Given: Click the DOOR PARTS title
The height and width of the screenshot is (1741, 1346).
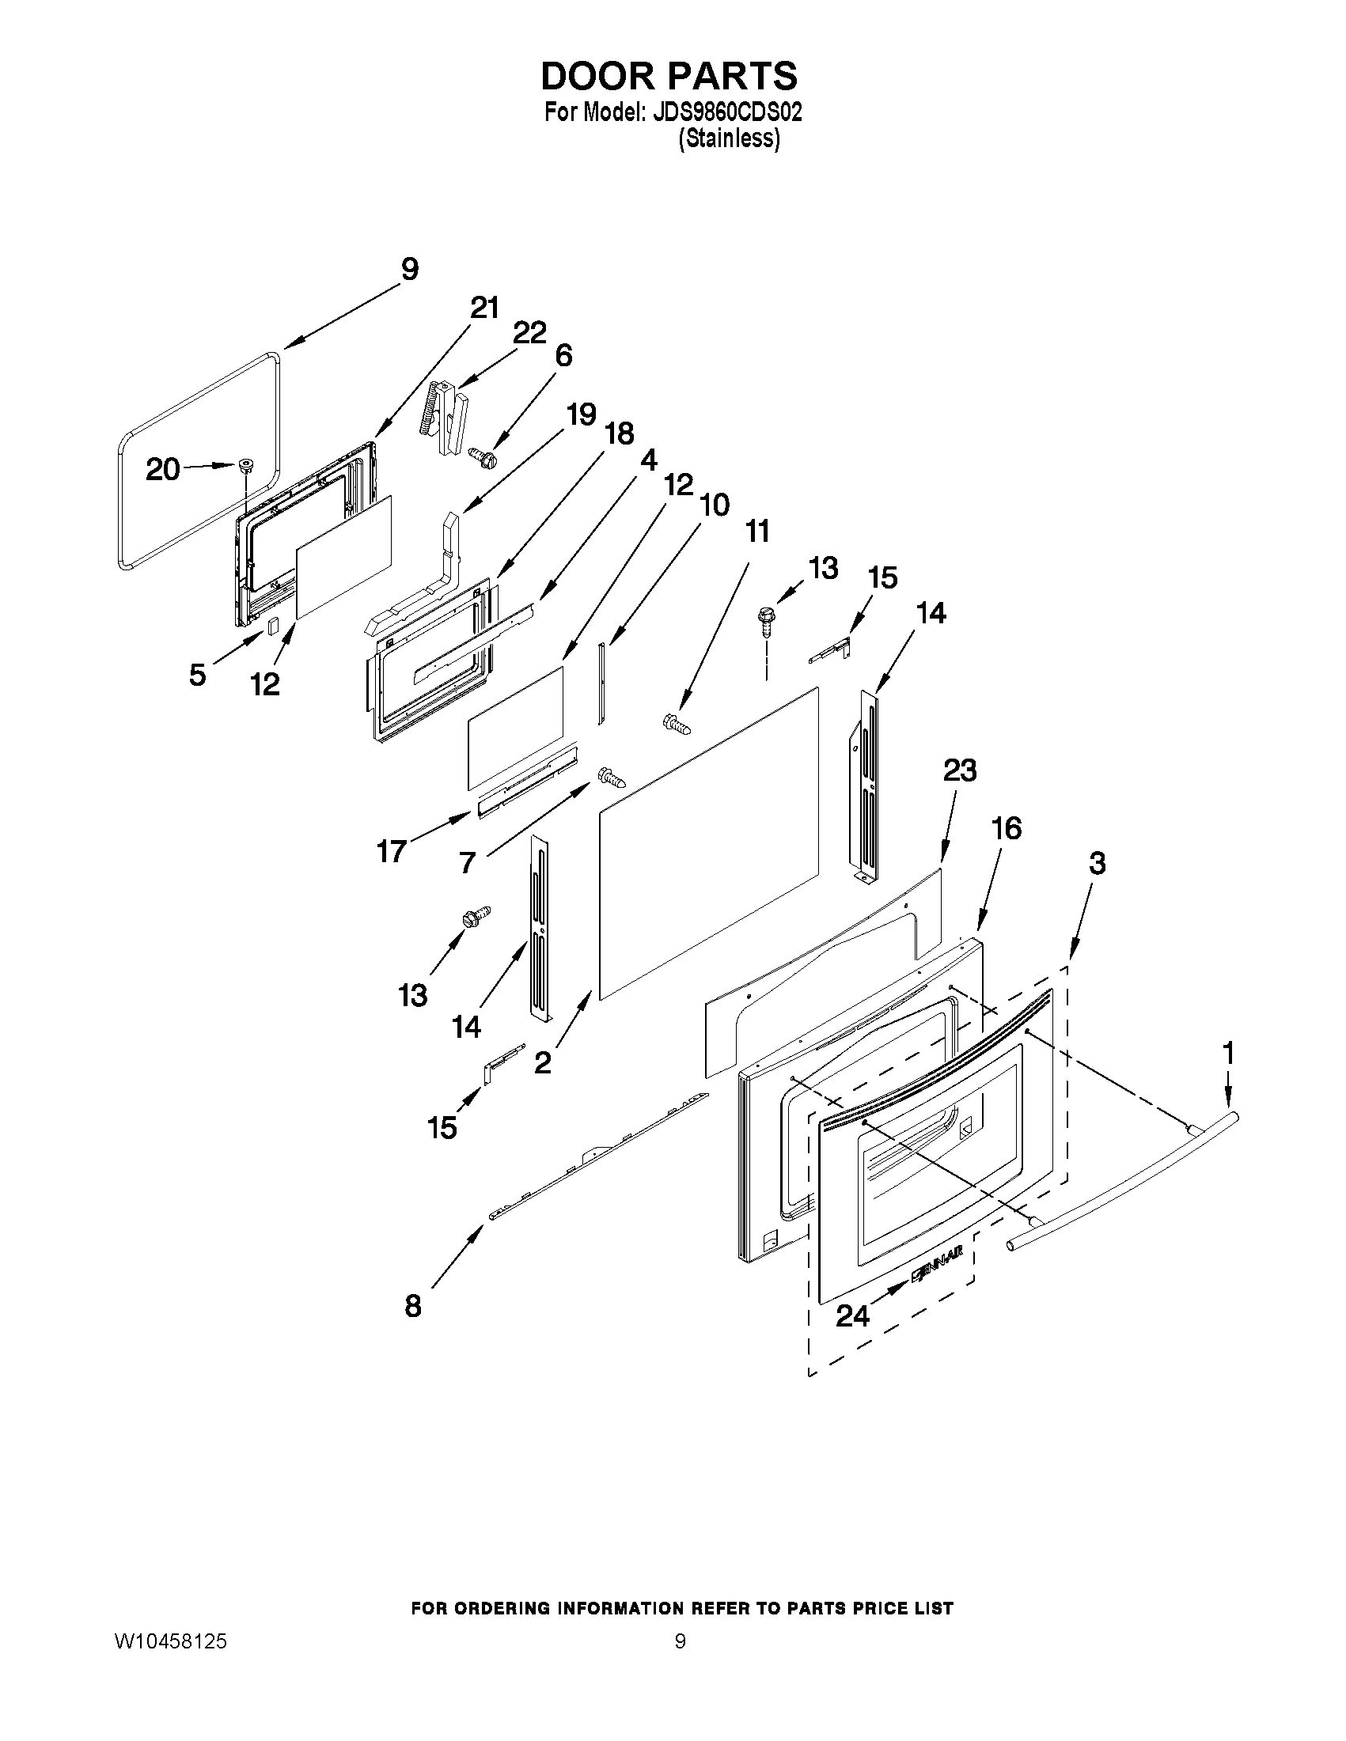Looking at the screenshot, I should (x=668, y=76).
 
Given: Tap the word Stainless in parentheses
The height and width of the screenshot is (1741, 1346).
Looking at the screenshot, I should (x=729, y=138).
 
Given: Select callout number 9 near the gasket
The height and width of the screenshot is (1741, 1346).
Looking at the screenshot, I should (x=409, y=270).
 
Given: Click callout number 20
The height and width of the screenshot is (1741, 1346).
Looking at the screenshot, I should (x=162, y=470).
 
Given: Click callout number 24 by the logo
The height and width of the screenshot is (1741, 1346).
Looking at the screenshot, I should (x=851, y=1316).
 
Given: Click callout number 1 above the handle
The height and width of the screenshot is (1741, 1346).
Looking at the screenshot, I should (x=1229, y=1053).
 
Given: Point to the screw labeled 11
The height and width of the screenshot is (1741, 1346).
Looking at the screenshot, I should (x=677, y=724).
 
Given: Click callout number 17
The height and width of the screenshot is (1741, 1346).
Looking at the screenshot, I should (x=392, y=852).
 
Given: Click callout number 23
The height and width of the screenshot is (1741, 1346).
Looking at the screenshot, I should (x=959, y=771).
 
